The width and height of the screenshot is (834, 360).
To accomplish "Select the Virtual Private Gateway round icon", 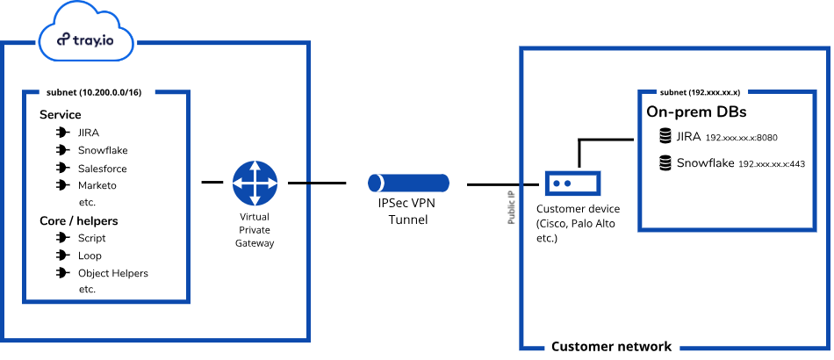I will tap(255, 183).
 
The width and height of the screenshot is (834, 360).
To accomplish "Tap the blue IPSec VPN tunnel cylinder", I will tap(408, 184).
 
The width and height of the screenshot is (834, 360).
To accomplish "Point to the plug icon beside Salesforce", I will tap(61, 168).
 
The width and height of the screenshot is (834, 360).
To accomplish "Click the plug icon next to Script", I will tap(61, 238).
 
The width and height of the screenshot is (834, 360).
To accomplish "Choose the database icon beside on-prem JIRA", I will tap(665, 136).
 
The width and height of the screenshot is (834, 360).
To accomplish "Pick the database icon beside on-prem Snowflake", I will tap(665, 162).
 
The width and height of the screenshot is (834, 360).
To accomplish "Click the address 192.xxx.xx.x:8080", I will tap(742, 138).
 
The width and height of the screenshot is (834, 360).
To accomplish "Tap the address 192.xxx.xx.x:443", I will tap(772, 164).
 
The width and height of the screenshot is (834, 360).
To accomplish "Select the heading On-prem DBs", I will tap(696, 112).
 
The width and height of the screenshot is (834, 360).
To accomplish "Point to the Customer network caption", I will tap(611, 347).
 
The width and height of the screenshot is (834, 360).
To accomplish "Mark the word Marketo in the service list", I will tap(97, 185).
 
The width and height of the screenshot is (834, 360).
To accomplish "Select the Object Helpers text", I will tap(112, 273).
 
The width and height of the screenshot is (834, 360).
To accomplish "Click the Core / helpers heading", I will tap(79, 220).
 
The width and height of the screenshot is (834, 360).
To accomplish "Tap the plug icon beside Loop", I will tap(61, 256).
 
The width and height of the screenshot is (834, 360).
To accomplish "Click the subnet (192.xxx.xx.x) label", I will tap(700, 91).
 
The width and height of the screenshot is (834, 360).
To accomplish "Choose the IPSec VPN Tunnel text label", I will tap(408, 212).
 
